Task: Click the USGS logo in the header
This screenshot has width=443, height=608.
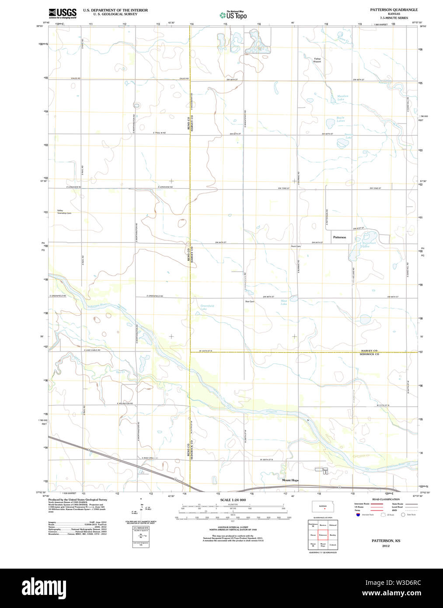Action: [x=63, y=13]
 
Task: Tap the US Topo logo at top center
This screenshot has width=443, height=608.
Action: [x=233, y=15]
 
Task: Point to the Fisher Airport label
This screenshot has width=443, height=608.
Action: [x=317, y=60]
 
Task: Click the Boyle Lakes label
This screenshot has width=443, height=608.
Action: [x=340, y=119]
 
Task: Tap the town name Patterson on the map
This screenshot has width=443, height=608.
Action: [x=339, y=237]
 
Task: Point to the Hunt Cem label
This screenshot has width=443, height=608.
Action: [x=296, y=246]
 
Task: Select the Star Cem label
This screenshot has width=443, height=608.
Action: [x=250, y=301]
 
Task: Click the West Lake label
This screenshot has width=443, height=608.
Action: [x=284, y=302]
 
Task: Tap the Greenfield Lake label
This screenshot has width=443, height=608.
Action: [x=207, y=307]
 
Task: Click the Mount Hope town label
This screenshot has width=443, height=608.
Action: [x=290, y=480]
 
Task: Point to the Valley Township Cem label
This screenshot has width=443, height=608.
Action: [x=64, y=212]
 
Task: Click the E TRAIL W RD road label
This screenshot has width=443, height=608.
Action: [x=159, y=133]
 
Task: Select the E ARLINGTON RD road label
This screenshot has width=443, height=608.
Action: [x=125, y=403]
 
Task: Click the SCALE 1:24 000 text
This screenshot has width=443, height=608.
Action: [x=233, y=500]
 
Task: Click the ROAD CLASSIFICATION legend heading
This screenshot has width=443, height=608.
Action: [x=386, y=499]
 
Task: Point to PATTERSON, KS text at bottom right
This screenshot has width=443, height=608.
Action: [x=386, y=541]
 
